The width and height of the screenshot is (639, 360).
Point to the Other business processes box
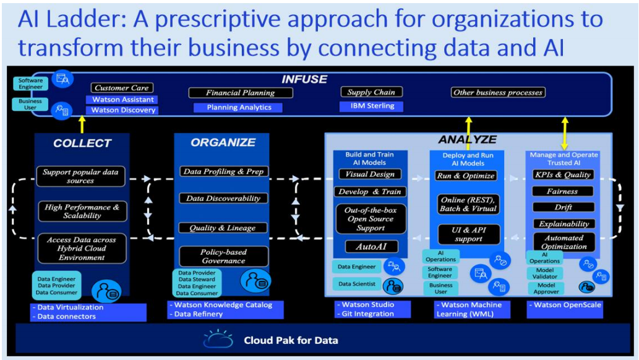[x=498, y=93]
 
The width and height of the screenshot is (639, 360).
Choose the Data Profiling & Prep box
[x=223, y=171]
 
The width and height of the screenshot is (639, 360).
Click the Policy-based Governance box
[x=223, y=256]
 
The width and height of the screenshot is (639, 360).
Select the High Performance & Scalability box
[x=82, y=212]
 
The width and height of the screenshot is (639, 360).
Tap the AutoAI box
[x=371, y=246]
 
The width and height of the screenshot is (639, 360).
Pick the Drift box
[x=564, y=207]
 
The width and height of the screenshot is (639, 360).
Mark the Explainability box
[x=564, y=224]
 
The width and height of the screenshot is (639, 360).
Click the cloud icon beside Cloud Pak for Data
[x=218, y=339]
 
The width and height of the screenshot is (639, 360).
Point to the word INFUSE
[x=304, y=79]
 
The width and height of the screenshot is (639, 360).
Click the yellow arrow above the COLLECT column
[x=82, y=124]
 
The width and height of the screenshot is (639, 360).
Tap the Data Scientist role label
[x=357, y=284]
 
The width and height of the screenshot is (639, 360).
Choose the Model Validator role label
[x=545, y=273]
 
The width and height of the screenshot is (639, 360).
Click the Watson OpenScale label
[x=564, y=305]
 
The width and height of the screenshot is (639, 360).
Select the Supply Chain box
[x=371, y=92]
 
